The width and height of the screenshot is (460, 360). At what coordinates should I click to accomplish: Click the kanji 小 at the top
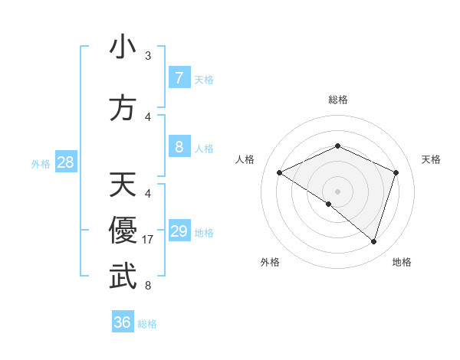pos(123,47)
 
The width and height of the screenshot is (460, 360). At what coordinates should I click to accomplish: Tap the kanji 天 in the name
pos(123,185)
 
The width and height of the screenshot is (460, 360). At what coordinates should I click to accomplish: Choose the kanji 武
pos(123,277)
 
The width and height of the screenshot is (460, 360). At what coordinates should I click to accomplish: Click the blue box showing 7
pos(179,78)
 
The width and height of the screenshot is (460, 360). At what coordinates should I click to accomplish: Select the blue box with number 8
pos(179,147)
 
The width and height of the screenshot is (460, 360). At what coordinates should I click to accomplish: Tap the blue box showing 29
pos(179,231)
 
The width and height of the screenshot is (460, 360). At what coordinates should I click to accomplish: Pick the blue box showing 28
pos(65,162)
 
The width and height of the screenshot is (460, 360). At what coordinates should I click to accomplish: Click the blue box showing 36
pos(122,322)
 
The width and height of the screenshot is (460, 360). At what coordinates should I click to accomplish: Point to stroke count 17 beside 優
pos(149,240)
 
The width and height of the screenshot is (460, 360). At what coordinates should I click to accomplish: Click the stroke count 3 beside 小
pos(148,56)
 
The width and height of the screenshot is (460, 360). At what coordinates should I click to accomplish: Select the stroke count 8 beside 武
pos(148,286)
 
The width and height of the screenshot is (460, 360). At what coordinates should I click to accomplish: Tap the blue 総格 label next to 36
pos(147,324)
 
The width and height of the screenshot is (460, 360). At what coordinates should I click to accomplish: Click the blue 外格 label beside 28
pos(41,163)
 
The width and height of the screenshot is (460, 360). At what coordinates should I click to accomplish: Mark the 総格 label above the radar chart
pos(337,100)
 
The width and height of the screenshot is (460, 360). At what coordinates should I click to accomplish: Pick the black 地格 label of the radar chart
pos(402,263)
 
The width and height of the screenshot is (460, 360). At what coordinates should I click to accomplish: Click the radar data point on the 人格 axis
pos(280,172)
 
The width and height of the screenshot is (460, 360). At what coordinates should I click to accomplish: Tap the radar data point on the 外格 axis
pos(329,204)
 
